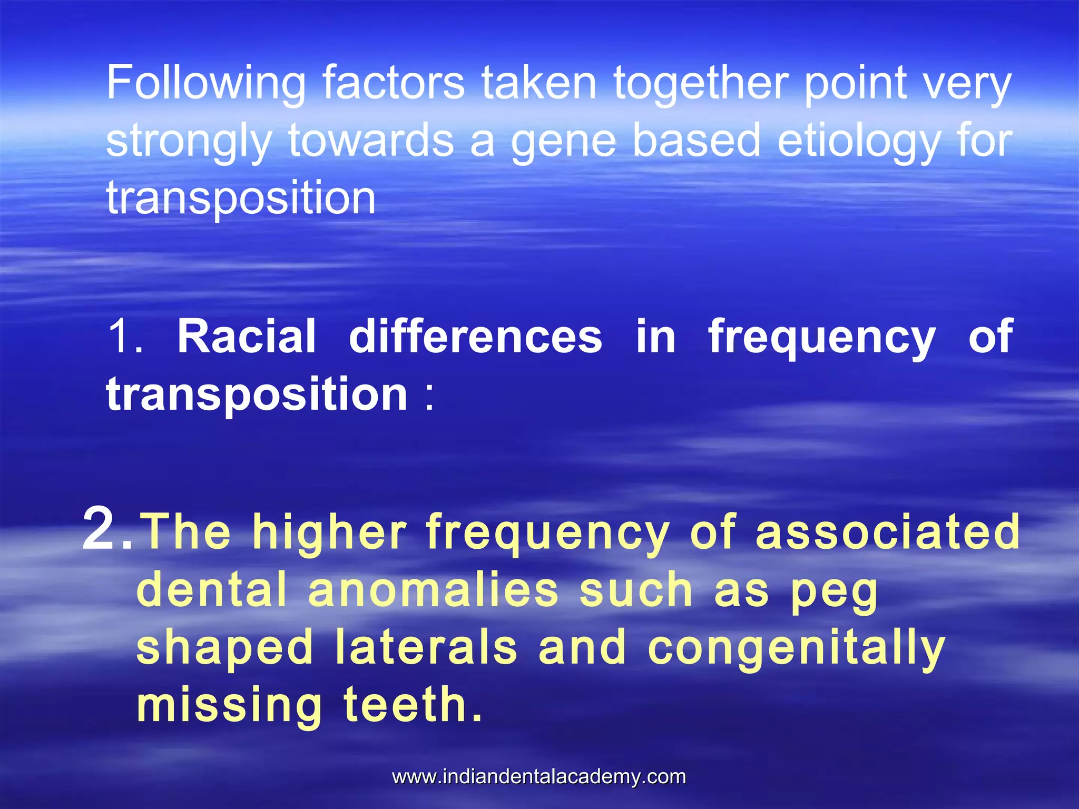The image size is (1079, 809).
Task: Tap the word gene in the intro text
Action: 563,141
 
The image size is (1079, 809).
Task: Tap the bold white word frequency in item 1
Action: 821,337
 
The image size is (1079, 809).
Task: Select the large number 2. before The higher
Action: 107,529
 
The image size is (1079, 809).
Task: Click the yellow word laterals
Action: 426,648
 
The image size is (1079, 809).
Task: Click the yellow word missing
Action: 229,706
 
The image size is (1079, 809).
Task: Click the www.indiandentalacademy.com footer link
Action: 539,777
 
